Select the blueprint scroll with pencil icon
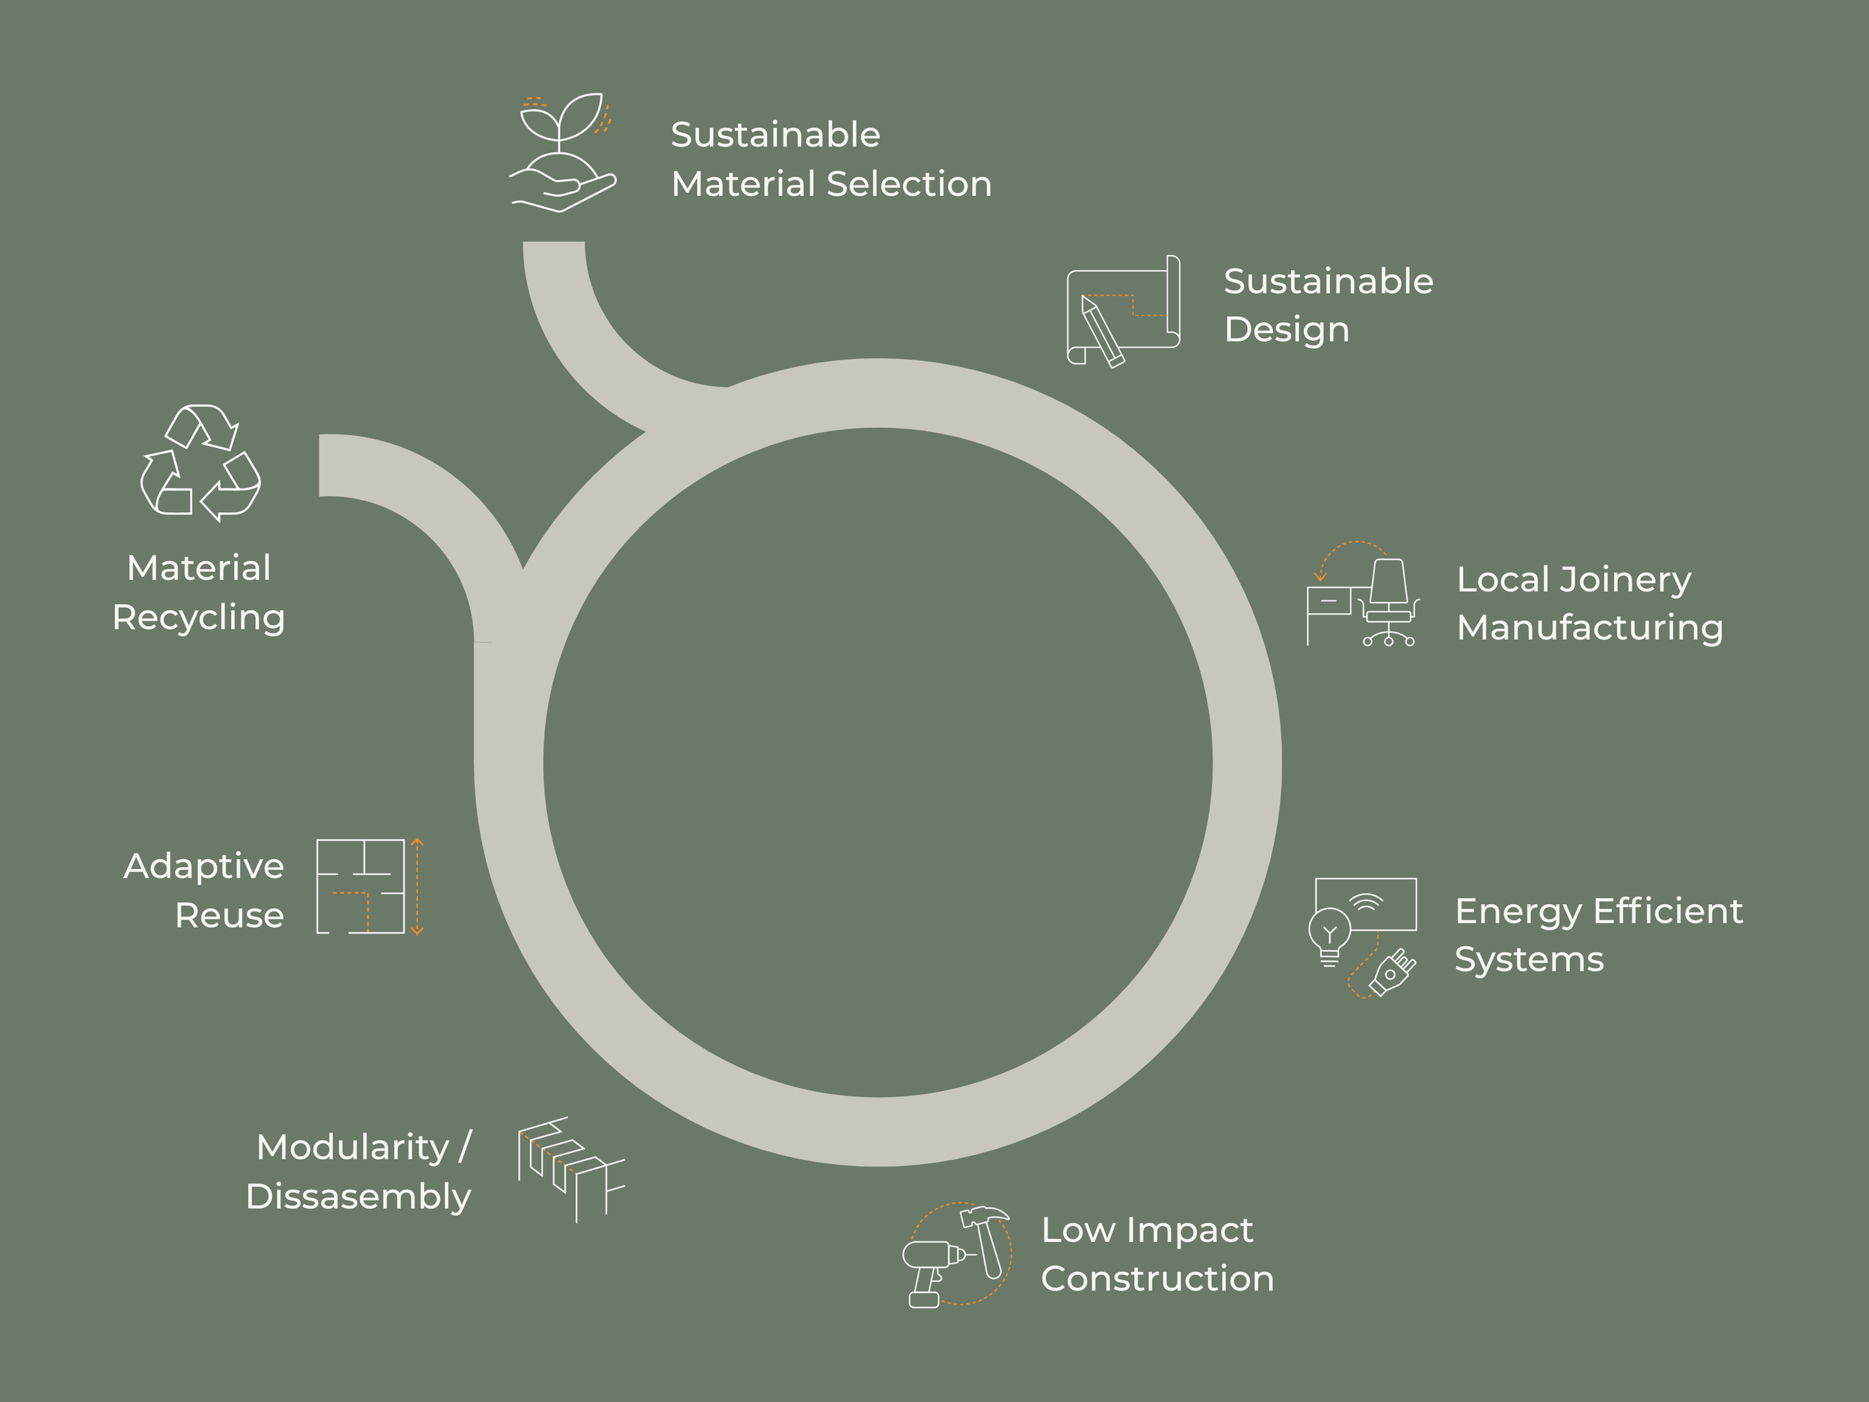pos(1122,311)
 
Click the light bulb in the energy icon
pos(1329,933)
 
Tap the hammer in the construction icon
pos(987,1237)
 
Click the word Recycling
pos(199,618)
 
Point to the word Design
pos(1286,330)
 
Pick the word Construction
pos(1157,1279)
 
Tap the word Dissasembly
pos(358,1196)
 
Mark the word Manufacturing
pos(1589,628)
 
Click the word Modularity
pos(353,1148)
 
